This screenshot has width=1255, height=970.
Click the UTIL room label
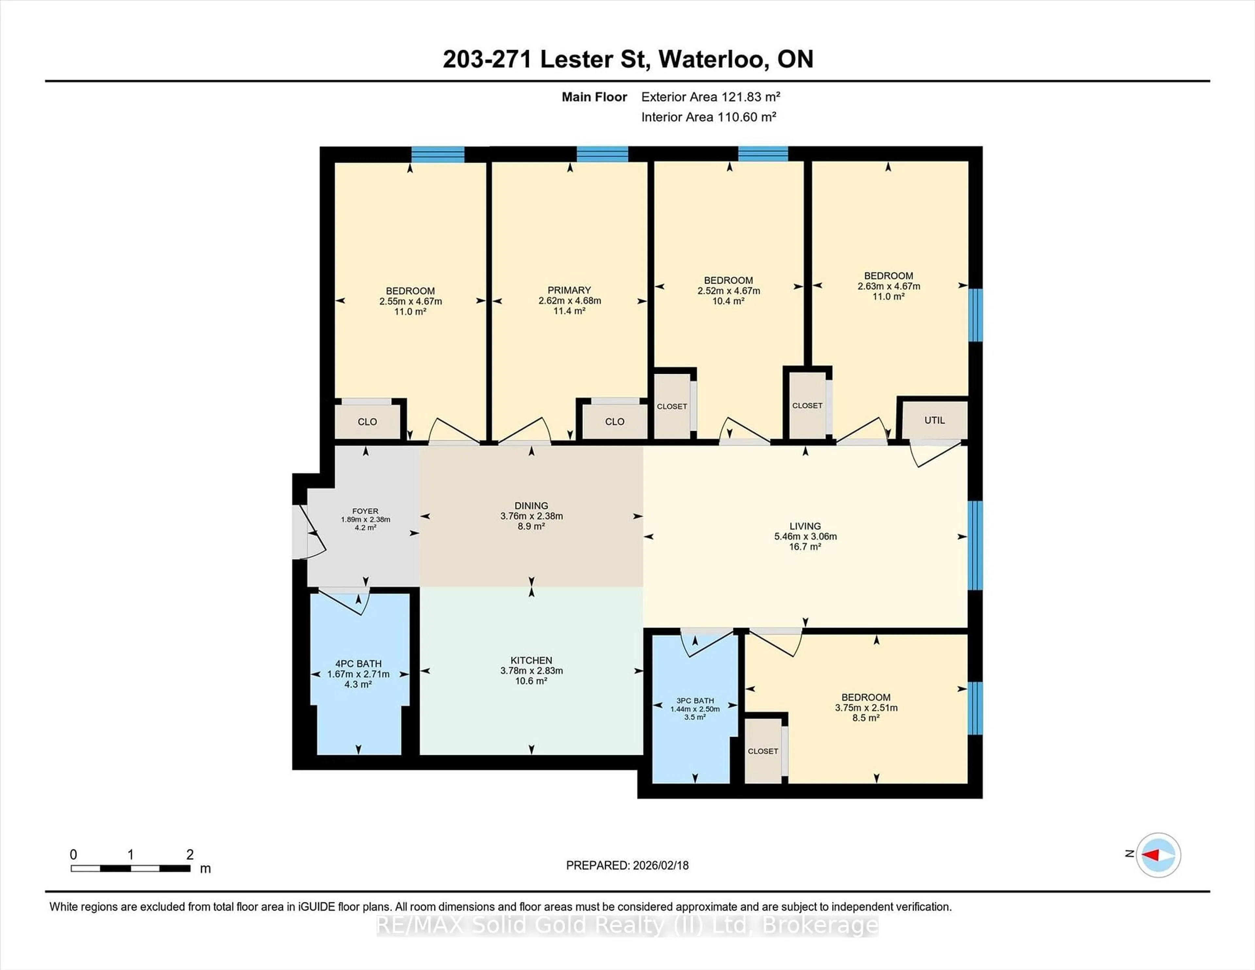[934, 420]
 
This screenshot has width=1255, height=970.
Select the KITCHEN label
[531, 660]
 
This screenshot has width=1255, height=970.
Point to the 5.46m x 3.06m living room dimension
[805, 536]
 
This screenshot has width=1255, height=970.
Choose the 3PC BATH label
[695, 700]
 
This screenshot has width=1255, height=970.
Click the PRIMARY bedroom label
[569, 290]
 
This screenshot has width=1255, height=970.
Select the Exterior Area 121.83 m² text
[710, 97]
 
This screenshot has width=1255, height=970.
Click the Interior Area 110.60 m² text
[709, 117]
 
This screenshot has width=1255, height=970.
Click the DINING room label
[531, 506]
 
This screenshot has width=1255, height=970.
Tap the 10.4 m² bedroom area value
[728, 301]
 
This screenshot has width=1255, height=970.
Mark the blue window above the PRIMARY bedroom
[602, 154]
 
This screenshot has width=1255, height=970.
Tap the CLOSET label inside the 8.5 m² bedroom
[762, 751]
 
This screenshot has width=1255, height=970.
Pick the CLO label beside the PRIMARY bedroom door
[614, 421]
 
